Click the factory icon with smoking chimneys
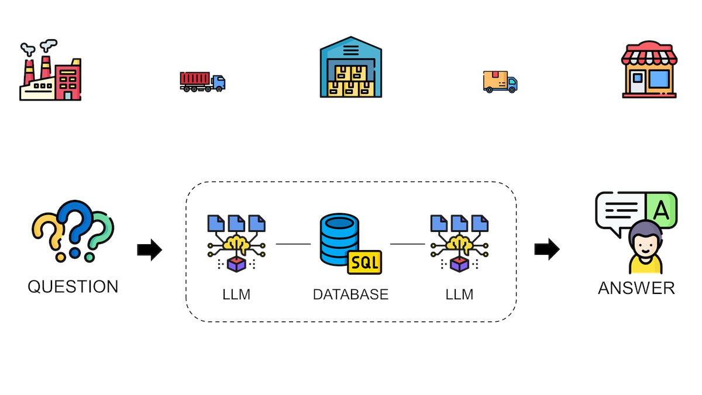pos(50,73)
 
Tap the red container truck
pos(202,81)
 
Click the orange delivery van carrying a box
pos(500,82)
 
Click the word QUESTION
pos(73,287)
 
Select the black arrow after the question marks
pos(149,250)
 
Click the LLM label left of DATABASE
pos(236,294)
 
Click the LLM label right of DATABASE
pos(459,294)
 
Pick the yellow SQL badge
pos(364,262)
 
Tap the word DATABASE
pos(350,294)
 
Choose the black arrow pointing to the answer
pos(546,250)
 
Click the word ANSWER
pos(636,288)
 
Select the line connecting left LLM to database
pos(293,244)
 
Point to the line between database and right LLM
pos(407,244)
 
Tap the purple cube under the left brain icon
pos(236,265)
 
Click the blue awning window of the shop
pos(659,80)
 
